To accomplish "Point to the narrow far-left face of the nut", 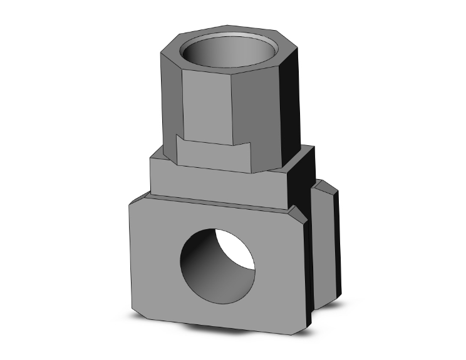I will (168, 100).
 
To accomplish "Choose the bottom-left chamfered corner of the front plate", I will (133, 310).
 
